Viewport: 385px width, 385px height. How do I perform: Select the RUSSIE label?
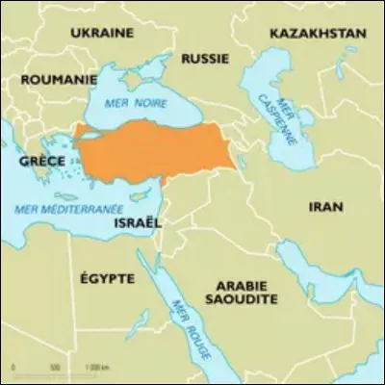pos(205,58)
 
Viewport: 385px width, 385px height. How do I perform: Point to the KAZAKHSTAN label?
pos(318,33)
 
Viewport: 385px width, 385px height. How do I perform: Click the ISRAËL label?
pos(139,221)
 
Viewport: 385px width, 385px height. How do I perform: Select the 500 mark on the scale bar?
pos(55,368)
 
